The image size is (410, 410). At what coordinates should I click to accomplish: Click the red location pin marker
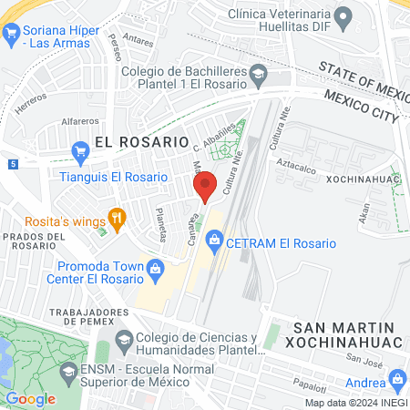pos(206,185)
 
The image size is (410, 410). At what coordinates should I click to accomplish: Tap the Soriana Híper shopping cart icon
pos(12,35)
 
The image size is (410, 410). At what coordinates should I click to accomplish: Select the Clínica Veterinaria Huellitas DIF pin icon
pos(343,15)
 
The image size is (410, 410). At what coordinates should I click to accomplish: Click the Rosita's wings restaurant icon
pos(116,219)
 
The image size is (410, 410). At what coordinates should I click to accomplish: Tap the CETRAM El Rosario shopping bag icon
pos(214,243)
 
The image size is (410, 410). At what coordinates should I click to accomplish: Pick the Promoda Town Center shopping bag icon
pos(155,268)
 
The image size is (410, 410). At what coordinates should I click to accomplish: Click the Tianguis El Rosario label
pos(114,177)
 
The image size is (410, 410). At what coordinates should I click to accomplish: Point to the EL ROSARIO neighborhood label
pos(141,143)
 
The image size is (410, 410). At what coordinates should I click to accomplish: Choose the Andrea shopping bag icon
pos(396,378)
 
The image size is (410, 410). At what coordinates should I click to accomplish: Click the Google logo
pos(30,398)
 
